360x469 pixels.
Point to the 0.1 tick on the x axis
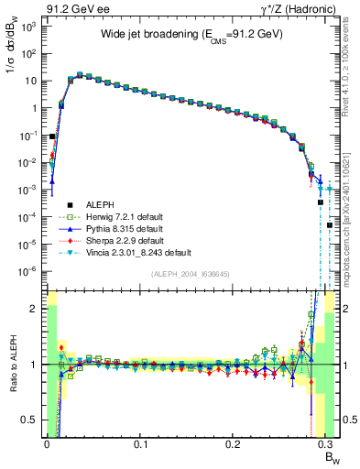click(x=140, y=444)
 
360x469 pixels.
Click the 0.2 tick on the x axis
click(x=235, y=444)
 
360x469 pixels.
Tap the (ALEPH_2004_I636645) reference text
click(x=191, y=275)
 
